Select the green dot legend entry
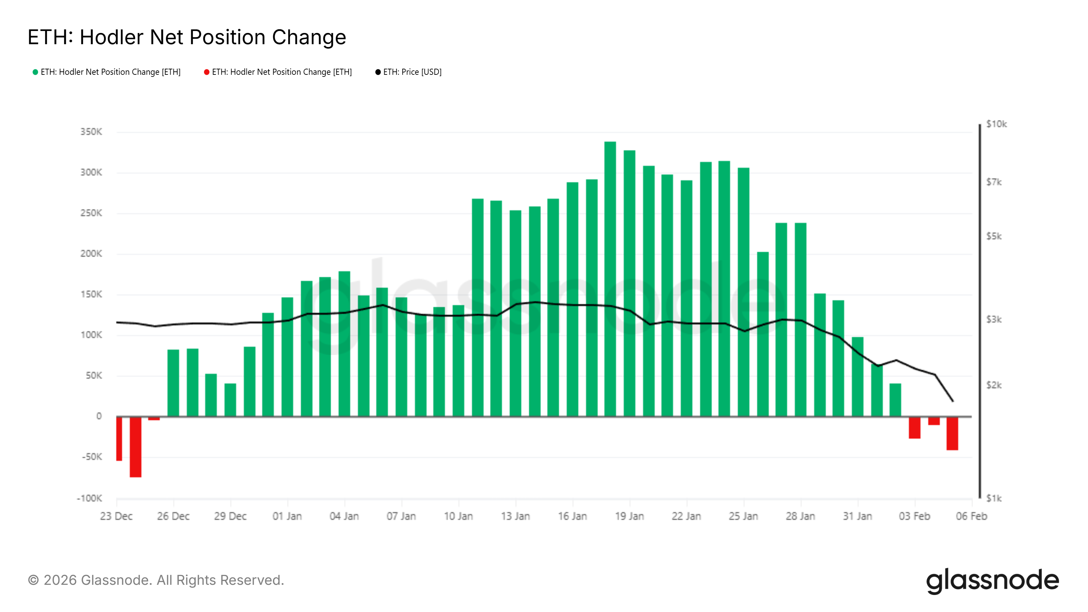point(106,72)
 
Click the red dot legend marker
point(206,72)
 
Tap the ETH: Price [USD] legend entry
point(408,72)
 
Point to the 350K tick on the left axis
point(91,132)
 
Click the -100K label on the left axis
point(89,498)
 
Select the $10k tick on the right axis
point(996,124)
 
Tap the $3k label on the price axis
point(993,319)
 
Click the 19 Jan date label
point(629,516)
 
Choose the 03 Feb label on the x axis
point(914,516)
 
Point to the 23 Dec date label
point(116,516)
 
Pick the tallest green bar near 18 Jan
point(610,279)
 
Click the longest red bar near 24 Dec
point(136,447)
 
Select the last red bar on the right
point(952,434)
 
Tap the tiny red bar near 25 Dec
point(154,419)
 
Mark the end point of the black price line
point(953,401)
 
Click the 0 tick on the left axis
point(99,416)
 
